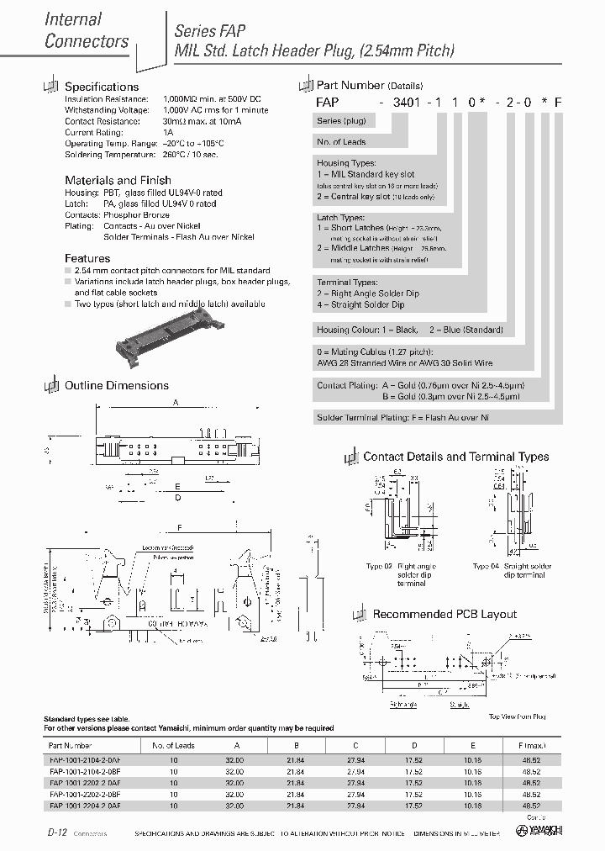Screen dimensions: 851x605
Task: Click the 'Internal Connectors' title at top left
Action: pyautogui.click(x=87, y=30)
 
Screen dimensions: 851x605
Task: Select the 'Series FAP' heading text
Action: pyautogui.click(x=210, y=31)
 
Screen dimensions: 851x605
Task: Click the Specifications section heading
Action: pyautogui.click(x=102, y=87)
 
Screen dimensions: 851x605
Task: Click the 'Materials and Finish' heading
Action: pyautogui.click(x=118, y=180)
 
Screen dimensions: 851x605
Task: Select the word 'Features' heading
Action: pyautogui.click(x=87, y=258)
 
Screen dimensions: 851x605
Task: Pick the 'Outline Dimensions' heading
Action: pyautogui.click(x=117, y=385)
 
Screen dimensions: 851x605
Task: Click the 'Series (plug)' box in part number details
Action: pyautogui.click(x=341, y=121)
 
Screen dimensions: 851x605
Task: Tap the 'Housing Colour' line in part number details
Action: pyautogui.click(x=409, y=330)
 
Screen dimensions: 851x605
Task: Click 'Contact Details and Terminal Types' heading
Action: pyautogui.click(x=455, y=457)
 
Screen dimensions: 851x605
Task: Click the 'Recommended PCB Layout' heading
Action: pyautogui.click(x=445, y=614)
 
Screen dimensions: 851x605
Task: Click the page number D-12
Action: pyautogui.click(x=57, y=832)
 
